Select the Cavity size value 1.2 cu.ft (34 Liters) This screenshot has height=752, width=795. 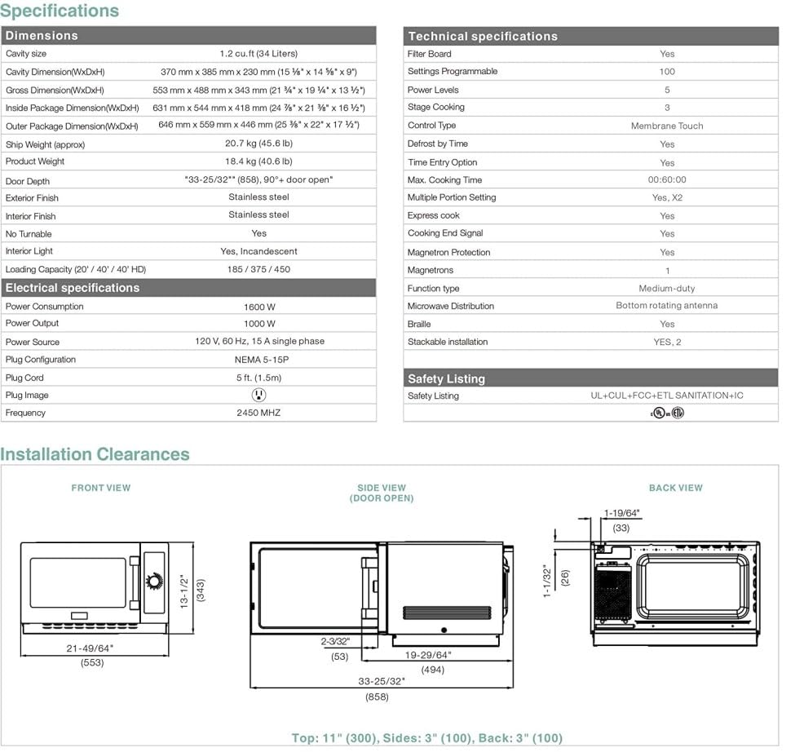pyautogui.click(x=258, y=54)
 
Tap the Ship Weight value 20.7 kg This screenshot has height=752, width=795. pyautogui.click(x=258, y=144)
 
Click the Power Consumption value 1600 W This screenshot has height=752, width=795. pyautogui.click(x=259, y=307)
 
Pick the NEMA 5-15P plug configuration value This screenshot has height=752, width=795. pyautogui.click(x=259, y=360)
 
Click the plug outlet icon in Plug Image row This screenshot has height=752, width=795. pyautogui.click(x=259, y=395)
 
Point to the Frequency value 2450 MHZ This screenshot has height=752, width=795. pyautogui.click(x=259, y=413)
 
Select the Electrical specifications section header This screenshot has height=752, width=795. pyautogui.click(x=73, y=288)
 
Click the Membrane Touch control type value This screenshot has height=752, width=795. pyautogui.click(x=666, y=126)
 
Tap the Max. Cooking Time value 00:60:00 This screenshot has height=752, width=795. pyautogui.click(x=666, y=180)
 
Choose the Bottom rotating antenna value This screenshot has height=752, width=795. pyautogui.click(x=666, y=306)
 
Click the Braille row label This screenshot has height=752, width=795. pyautogui.click(x=421, y=325)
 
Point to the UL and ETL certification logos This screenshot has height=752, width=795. pyautogui.click(x=666, y=413)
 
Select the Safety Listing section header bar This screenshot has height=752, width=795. pyautogui.click(x=590, y=378)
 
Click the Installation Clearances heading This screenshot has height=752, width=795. pyautogui.click(x=95, y=454)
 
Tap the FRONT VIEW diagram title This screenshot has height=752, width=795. pyautogui.click(x=101, y=488)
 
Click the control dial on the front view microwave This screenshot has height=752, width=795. pyautogui.click(x=154, y=582)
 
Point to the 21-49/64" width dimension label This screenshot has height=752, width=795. pyautogui.click(x=90, y=648)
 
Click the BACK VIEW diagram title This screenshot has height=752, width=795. pyautogui.click(x=675, y=488)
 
